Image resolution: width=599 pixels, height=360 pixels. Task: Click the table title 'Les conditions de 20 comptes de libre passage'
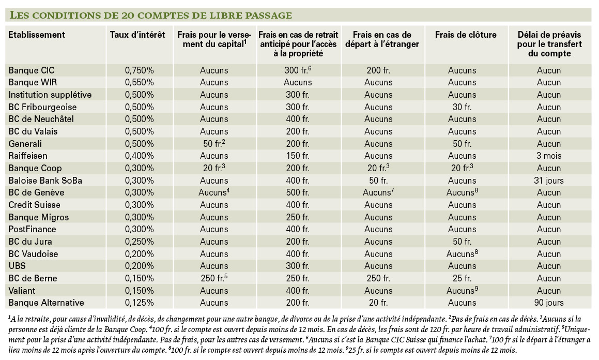tap(150, 16)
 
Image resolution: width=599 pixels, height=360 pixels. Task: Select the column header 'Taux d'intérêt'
tap(137, 35)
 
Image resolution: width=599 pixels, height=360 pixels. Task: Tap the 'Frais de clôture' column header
tap(466, 35)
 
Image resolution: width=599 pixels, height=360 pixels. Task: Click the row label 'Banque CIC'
tap(32, 70)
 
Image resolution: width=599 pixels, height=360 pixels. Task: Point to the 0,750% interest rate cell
tap(140, 70)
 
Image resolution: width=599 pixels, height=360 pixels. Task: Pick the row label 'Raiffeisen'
tap(28, 156)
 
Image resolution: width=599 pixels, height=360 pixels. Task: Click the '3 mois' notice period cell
tap(549, 156)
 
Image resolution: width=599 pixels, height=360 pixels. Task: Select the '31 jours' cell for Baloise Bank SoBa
tap(549, 181)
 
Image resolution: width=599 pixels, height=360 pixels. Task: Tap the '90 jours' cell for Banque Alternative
tap(549, 303)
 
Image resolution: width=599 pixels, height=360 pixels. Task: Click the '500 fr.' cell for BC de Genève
tap(298, 192)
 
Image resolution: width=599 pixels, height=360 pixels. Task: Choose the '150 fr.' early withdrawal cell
tap(298, 156)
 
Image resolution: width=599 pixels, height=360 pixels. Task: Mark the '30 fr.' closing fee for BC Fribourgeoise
tap(462, 107)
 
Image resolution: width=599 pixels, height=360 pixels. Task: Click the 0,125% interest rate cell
tap(140, 303)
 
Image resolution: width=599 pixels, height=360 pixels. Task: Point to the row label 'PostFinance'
tap(32, 229)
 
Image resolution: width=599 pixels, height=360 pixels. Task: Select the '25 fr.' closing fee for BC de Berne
tap(462, 278)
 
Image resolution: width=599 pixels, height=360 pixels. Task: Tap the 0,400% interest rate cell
tap(140, 156)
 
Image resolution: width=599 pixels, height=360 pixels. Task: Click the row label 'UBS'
tap(17, 266)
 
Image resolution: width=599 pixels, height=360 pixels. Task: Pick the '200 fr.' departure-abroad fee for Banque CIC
tap(378, 70)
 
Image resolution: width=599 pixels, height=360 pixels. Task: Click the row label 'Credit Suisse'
tap(35, 205)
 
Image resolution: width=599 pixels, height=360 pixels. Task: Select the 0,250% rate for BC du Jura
tap(140, 242)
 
